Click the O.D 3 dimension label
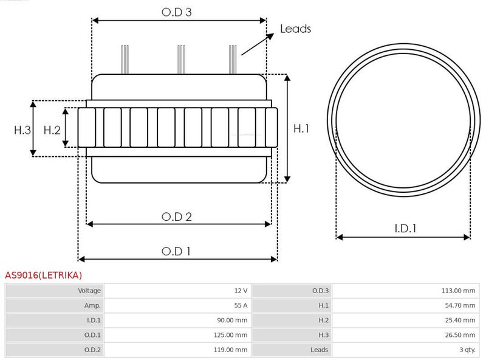point(177,12)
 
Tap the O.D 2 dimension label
point(177,216)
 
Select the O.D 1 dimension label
point(176,251)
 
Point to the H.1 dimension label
point(301,128)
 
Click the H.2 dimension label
point(52,130)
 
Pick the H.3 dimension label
point(22,130)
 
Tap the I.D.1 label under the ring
point(405,229)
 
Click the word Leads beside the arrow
point(295,29)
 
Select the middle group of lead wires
point(181,60)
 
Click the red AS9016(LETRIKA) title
point(43,275)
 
